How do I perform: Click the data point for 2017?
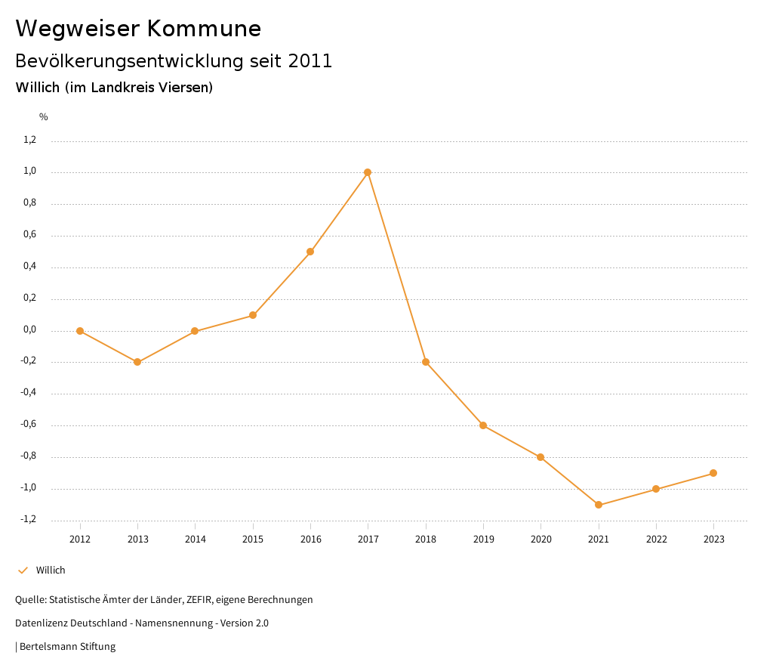click(368, 172)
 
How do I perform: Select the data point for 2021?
click(599, 505)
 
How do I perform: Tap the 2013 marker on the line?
click(137, 362)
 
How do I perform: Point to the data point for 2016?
click(310, 252)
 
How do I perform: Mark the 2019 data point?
click(483, 425)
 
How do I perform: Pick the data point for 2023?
click(713, 473)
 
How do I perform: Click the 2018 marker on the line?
click(426, 362)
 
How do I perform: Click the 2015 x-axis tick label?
click(253, 540)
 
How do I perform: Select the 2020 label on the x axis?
click(540, 540)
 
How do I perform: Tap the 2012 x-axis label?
click(80, 540)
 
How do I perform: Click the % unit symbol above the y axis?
click(44, 117)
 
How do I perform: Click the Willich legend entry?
click(51, 571)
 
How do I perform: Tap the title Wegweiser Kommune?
click(138, 29)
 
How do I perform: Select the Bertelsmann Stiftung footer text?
click(67, 647)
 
